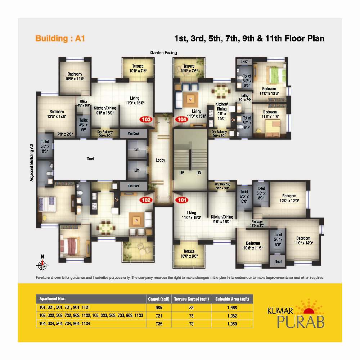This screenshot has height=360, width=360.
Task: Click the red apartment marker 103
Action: [x=147, y=120]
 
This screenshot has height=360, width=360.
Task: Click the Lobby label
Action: [x=160, y=160]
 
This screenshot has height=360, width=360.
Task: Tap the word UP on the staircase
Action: [x=182, y=172]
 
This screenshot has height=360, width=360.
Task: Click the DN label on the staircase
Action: [x=199, y=172]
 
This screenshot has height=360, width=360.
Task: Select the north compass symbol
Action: [x=42, y=264]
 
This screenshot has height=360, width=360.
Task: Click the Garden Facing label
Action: [x=163, y=53]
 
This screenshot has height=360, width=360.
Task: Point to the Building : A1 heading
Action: [x=60, y=38]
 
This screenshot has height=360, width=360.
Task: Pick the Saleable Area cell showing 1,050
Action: [x=232, y=324]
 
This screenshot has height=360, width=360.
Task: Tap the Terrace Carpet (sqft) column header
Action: [x=192, y=299]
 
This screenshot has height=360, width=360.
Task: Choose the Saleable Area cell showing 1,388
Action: [x=232, y=307]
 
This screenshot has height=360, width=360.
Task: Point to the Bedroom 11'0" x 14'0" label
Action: [x=303, y=240]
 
